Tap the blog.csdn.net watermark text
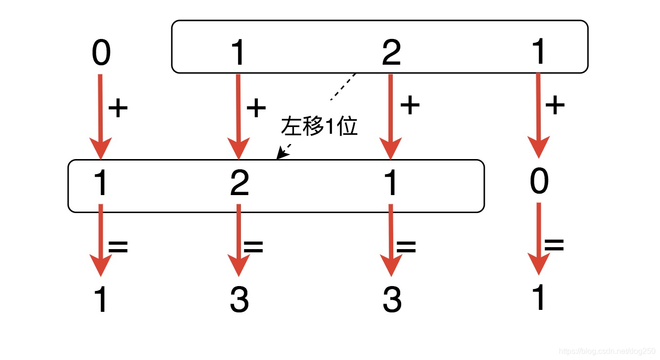point(607,351)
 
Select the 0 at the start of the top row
point(101,54)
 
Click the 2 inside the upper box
point(391,54)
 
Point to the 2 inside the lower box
point(239,184)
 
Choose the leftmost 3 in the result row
point(239,300)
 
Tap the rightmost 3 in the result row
point(392,300)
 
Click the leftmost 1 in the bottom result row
point(101,300)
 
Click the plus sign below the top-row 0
point(118,108)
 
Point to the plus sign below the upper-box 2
point(409,105)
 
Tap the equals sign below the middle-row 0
point(554,245)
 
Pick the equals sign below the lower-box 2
point(253,247)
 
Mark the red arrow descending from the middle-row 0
point(539,238)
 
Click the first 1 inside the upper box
point(238,54)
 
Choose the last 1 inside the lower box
point(391,184)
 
